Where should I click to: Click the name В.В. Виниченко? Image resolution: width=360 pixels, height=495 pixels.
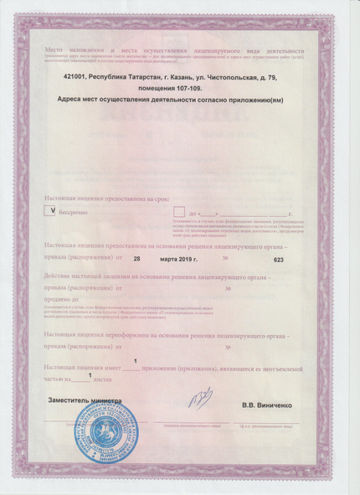click(x=266, y=405)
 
